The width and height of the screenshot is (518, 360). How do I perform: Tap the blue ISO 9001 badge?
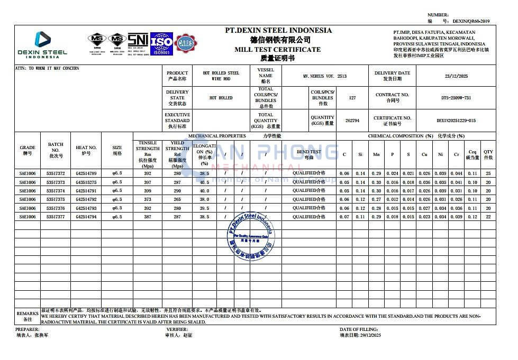(161, 44)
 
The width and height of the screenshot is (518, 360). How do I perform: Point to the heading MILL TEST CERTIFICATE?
(278, 49)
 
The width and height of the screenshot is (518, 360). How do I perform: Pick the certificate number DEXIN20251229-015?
(456, 121)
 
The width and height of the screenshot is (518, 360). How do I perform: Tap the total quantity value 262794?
(352, 121)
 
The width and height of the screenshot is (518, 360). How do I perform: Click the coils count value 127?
(353, 98)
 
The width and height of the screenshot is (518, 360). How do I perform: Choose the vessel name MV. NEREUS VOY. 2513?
(325, 76)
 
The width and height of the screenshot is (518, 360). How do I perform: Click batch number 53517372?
(56, 173)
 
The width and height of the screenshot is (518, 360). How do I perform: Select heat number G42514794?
(86, 217)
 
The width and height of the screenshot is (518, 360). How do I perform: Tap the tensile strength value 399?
(148, 191)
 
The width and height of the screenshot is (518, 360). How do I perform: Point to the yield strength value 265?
(177, 199)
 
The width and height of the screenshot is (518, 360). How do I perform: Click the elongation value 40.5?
(204, 182)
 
